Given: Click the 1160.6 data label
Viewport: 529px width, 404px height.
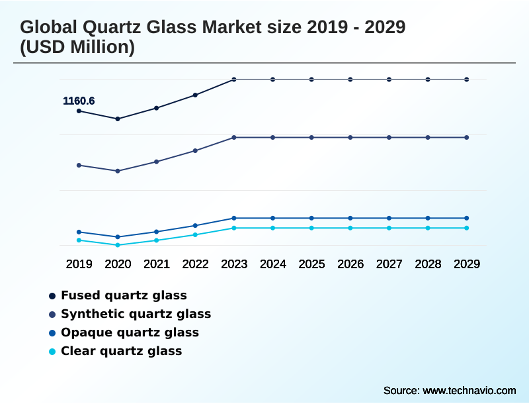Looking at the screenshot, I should [79, 101].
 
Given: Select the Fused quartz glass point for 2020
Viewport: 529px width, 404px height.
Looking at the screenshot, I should [118, 119].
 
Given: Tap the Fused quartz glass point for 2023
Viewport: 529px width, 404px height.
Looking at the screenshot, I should [234, 79].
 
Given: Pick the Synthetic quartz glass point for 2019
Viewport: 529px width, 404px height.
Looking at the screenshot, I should [79, 165].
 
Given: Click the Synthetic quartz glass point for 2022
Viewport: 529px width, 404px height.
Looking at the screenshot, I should [195, 150].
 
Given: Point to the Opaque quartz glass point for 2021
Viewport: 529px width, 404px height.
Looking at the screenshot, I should [157, 232].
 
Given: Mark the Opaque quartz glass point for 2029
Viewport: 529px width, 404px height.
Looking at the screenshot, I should [466, 218].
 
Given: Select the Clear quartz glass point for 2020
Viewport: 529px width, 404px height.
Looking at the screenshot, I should [118, 245].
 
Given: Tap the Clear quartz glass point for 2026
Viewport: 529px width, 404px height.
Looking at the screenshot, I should [350, 228].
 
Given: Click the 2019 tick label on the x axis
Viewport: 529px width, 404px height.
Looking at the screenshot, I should [79, 264].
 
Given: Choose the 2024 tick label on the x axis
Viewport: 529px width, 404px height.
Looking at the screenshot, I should [272, 264].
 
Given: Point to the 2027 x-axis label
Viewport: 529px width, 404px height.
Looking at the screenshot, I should [389, 264].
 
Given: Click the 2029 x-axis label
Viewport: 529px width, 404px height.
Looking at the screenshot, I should [466, 264].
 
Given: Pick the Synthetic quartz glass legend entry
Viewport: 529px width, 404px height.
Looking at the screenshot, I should [136, 314].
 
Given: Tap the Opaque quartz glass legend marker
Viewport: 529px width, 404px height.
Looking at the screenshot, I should [52, 332].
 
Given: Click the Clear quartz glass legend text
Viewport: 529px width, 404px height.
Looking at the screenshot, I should [121, 351].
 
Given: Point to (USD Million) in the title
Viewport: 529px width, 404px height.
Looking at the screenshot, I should [77, 48].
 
